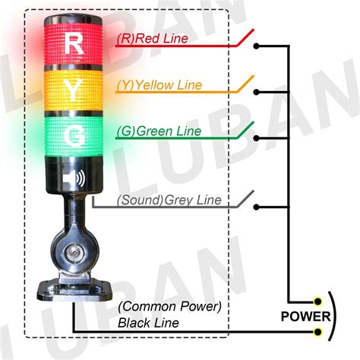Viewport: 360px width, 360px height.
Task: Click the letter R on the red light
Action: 74,43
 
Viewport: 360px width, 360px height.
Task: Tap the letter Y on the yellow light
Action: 74,91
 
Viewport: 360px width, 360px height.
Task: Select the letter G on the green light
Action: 75,137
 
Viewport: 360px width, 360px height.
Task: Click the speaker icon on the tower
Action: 74,178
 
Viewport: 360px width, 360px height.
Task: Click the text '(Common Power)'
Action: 169,307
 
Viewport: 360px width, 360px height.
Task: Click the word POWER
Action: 307,317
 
